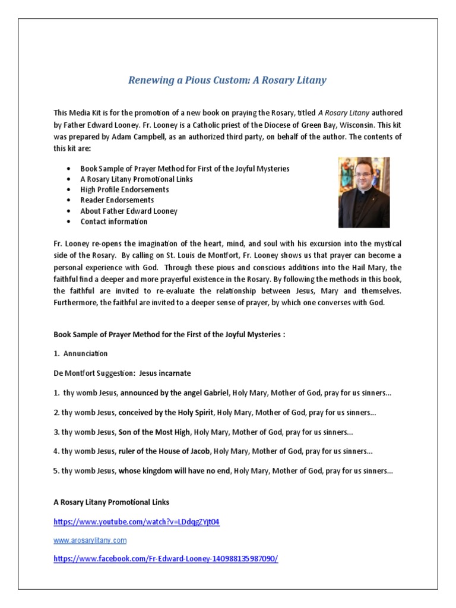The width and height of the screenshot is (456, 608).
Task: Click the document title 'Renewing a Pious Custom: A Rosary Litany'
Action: tap(227, 80)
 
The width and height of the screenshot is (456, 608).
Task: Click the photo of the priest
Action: tap(364, 192)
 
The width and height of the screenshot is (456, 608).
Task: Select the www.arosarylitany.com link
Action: tap(90, 541)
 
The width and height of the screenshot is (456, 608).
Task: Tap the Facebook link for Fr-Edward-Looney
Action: tap(166, 559)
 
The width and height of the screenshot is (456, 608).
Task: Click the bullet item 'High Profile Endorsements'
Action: tap(125, 189)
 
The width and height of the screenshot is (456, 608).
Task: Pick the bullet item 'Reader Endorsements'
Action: tap(117, 200)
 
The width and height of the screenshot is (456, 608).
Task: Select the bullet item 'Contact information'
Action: tap(114, 221)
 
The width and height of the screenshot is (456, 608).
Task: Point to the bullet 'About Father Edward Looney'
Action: tap(129, 211)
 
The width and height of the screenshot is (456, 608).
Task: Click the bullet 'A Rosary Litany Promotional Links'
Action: tap(137, 179)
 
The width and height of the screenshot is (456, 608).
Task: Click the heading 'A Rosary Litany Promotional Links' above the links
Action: tap(112, 502)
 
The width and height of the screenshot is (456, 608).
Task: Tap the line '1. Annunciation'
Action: tap(81, 353)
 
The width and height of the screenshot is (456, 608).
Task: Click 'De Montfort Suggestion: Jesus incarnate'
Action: tap(122, 373)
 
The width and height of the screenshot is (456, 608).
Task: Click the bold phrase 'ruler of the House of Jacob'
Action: tap(164, 451)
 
